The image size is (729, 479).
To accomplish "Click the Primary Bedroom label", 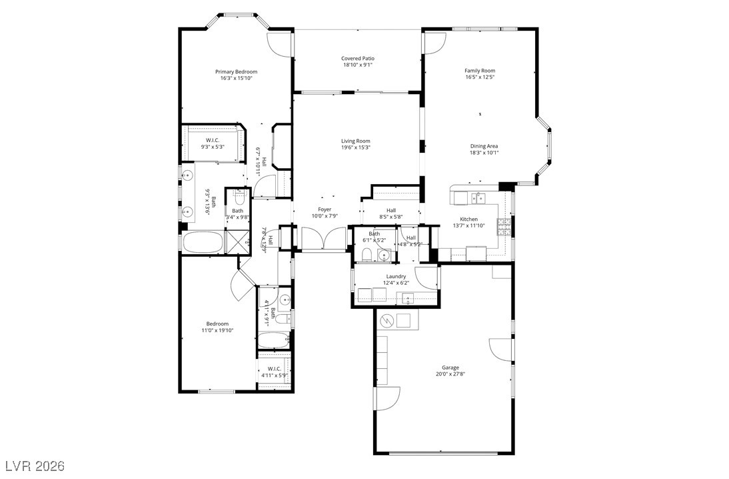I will pyautogui.click(x=236, y=71).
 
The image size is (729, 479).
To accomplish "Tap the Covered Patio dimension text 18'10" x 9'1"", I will pyautogui.click(x=358, y=65).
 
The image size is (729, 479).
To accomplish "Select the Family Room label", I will pyautogui.click(x=480, y=71).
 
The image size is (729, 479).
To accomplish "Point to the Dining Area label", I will pyautogui.click(x=484, y=146).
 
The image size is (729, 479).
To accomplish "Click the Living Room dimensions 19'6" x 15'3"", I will pyautogui.click(x=355, y=147).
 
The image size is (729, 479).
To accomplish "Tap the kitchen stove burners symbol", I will pyautogui.click(x=504, y=226).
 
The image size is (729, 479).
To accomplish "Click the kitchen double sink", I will pyautogui.click(x=478, y=198).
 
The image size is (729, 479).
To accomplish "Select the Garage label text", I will pyautogui.click(x=450, y=368).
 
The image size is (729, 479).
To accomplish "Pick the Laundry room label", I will pyautogui.click(x=396, y=276).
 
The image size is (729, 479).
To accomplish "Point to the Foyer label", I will pyautogui.click(x=325, y=209).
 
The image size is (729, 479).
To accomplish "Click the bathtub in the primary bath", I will pyautogui.click(x=203, y=242).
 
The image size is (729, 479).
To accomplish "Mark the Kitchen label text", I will pyautogui.click(x=468, y=219).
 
